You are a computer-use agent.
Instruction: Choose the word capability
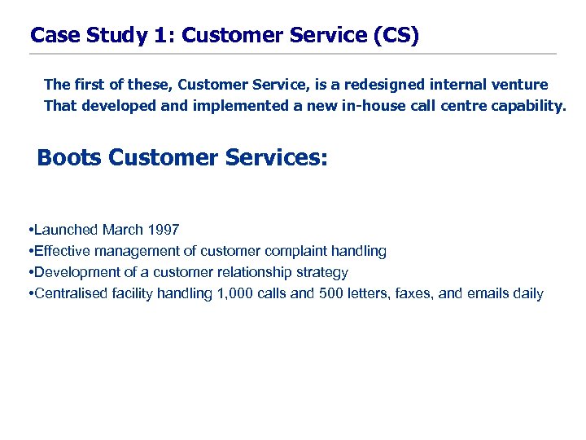(x=527, y=105)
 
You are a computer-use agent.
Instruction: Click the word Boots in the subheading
(x=69, y=157)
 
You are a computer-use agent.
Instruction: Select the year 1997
(x=164, y=230)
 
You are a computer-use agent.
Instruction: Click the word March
(x=122, y=230)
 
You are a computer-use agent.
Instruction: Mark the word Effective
(x=63, y=251)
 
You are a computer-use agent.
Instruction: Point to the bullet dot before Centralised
(x=29, y=293)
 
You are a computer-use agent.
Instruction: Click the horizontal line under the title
(x=293, y=54)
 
